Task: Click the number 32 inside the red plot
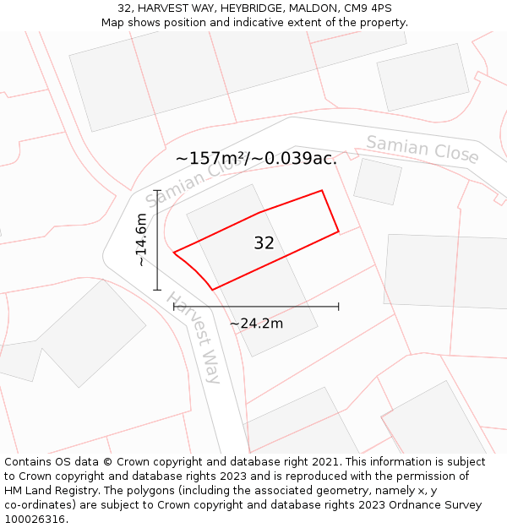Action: pos(264,243)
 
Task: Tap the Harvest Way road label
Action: pos(194,338)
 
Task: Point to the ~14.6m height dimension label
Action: pos(141,240)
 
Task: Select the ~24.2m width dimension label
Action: pos(256,323)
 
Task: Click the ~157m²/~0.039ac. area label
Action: pos(256,158)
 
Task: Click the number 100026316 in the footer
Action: pos(35,519)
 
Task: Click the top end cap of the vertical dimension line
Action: pos(157,190)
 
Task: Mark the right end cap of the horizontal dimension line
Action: pos(339,307)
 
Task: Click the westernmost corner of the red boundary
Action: pos(173,252)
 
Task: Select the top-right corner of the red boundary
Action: pos(322,190)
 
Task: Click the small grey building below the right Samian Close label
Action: pos(377,181)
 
